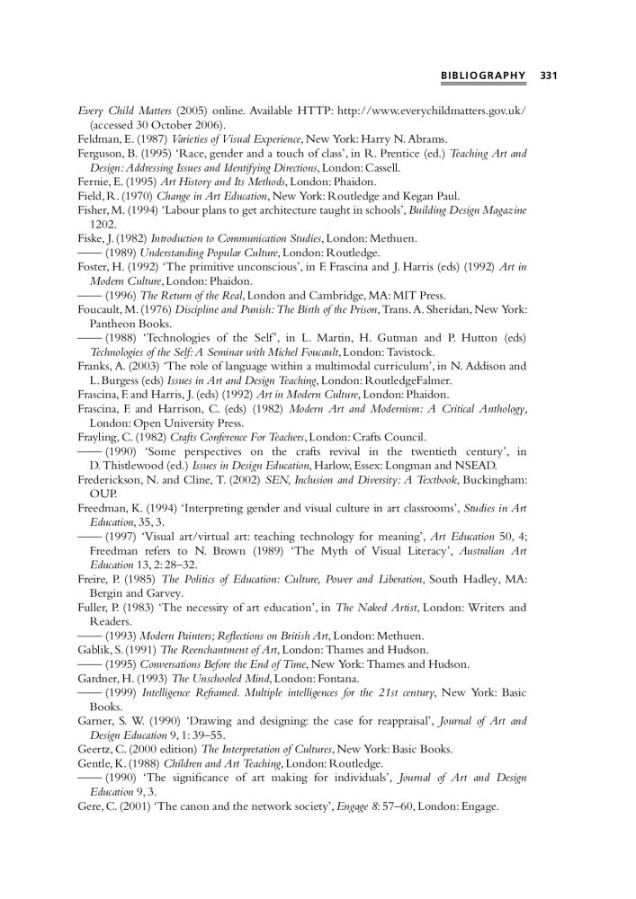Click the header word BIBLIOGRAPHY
point(483,75)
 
